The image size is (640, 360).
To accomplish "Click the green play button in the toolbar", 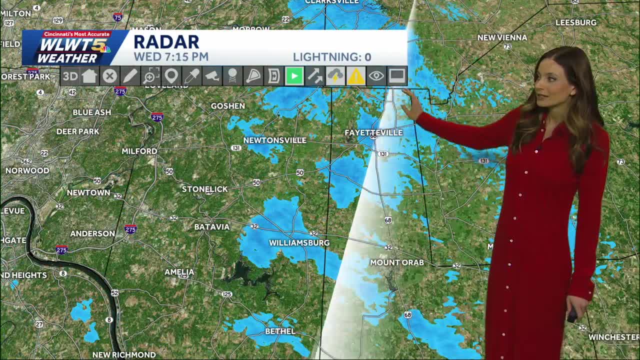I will coord(294,76).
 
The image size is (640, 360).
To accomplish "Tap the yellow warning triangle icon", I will coord(355,76).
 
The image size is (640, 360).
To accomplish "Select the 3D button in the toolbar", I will coord(70,76).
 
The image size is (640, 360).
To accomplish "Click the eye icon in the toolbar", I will coord(376,76).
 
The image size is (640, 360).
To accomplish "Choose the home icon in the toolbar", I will coord(89,76).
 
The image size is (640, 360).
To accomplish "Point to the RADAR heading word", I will coord(166,42).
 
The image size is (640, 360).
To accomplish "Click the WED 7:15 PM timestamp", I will coord(171,57).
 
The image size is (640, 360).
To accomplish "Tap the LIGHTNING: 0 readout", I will coord(331,57).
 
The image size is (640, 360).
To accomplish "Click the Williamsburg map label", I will coord(299,242).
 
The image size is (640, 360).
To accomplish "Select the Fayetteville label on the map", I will coord(373,132).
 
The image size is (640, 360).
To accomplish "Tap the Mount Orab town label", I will coord(396,262).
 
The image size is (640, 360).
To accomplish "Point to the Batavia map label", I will coord(211,226).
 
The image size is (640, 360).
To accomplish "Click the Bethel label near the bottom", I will coord(280,331).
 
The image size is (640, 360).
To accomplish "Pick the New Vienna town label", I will coord(502,37).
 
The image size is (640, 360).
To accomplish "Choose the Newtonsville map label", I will coord(274,140).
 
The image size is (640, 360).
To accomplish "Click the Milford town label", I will coord(139,151).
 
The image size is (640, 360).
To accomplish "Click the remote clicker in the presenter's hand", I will coord(572,315).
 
